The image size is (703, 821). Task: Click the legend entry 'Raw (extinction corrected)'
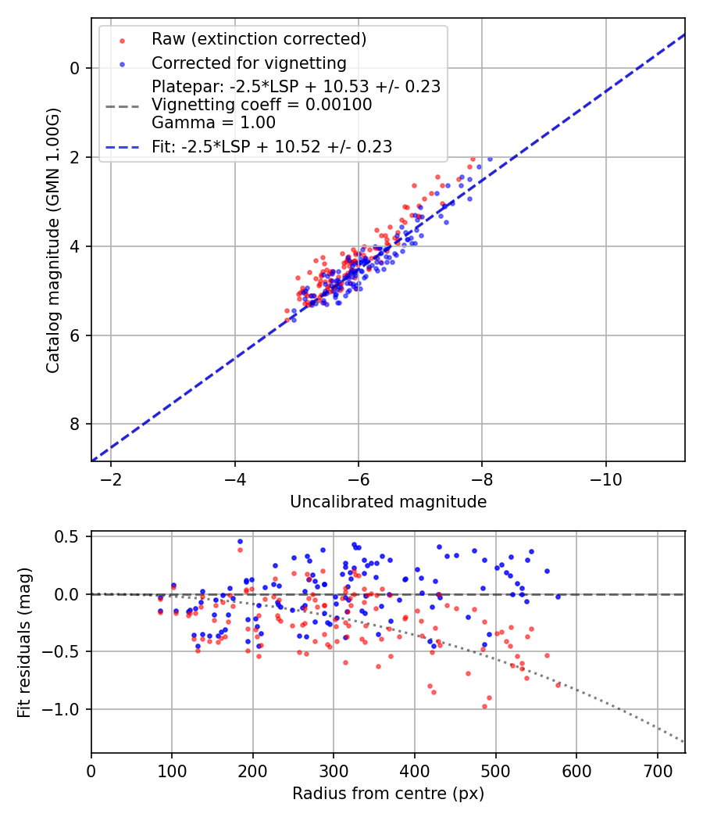(259, 39)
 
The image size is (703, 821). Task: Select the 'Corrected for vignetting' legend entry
(248, 63)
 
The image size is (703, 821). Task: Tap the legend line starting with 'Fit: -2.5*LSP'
(272, 146)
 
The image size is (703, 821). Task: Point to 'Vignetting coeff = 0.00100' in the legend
(262, 105)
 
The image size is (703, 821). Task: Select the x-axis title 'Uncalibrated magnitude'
(388, 502)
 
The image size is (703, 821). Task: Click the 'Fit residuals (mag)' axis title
(24, 642)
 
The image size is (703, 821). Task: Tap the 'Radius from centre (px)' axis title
(388, 794)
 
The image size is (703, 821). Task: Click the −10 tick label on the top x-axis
(605, 478)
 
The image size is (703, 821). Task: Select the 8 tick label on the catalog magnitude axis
(76, 425)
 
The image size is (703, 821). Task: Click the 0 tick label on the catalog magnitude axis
(76, 68)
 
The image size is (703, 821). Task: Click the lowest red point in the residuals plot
(484, 706)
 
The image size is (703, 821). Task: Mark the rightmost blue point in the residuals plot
(558, 597)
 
